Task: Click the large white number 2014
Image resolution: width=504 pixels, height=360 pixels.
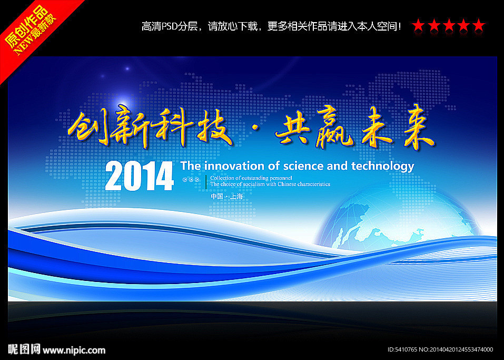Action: point(140,176)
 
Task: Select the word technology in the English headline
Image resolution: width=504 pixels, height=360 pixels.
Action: point(382,167)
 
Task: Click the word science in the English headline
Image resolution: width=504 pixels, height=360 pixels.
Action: point(303,166)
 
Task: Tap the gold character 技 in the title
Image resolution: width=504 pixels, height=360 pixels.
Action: point(213,127)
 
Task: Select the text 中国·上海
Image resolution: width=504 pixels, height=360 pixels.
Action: point(226,196)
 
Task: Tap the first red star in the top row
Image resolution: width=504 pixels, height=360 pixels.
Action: point(418,25)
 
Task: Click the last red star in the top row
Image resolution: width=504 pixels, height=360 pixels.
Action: point(479,25)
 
